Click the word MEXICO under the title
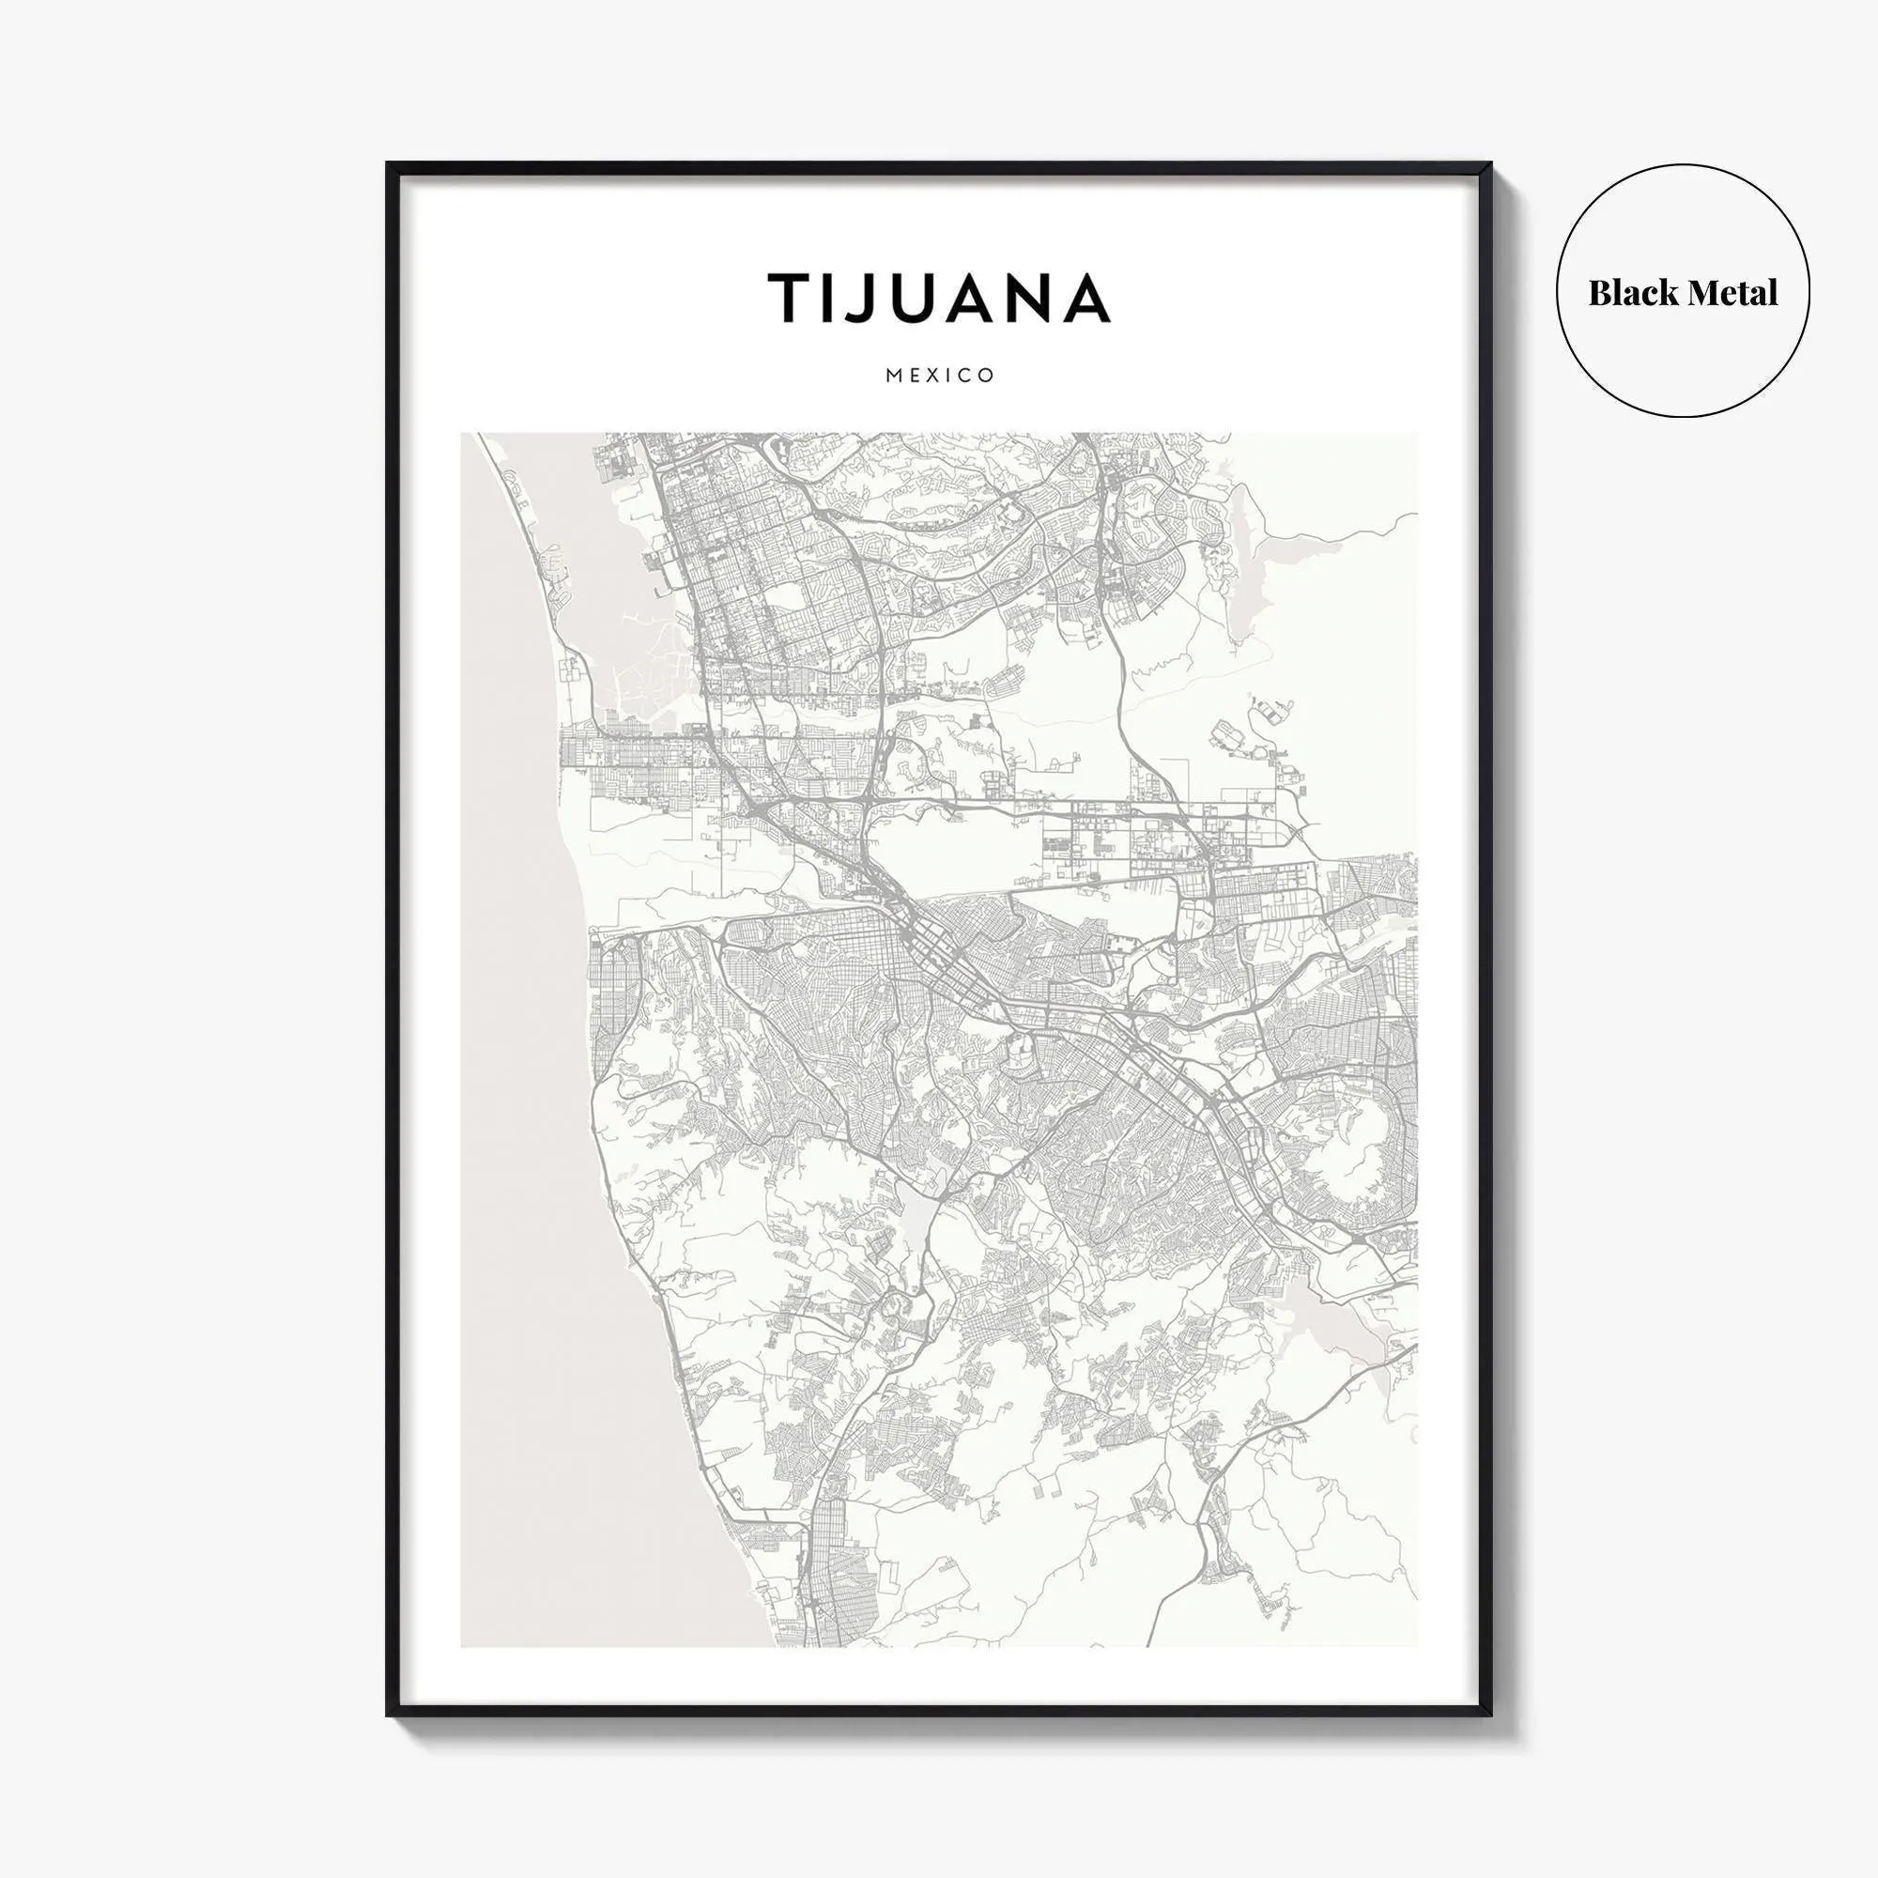[940, 376]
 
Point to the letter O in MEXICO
[987, 376]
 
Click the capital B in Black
[1600, 293]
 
